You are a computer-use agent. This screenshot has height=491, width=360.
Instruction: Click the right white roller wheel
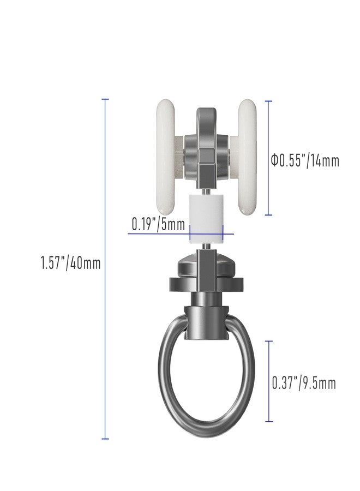[247, 157]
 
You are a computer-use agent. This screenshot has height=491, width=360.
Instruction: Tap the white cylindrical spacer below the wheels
[207, 219]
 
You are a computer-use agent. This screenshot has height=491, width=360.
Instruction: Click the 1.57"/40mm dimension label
[71, 263]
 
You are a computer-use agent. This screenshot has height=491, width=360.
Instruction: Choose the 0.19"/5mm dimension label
[158, 224]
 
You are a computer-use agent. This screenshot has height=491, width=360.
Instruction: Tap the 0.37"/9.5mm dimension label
[304, 384]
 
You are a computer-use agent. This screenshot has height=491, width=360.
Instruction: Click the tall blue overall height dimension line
[105, 268]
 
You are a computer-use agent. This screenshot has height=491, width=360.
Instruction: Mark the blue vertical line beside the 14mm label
[268, 158]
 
